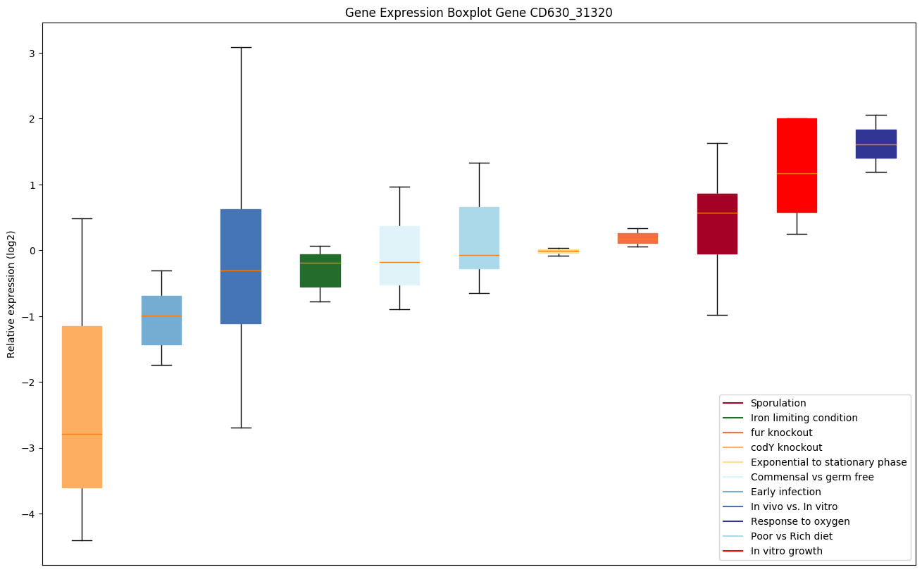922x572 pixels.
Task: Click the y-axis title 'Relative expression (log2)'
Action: (x=11, y=294)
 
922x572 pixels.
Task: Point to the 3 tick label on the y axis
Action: (x=32, y=54)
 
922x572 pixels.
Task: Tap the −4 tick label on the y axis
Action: (x=29, y=514)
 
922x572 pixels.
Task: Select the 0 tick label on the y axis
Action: (x=32, y=251)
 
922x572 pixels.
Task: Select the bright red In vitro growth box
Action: (x=797, y=165)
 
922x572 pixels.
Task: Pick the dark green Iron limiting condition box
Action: (x=320, y=271)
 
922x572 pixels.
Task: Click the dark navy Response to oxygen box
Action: (x=876, y=144)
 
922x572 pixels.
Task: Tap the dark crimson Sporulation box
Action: (x=717, y=223)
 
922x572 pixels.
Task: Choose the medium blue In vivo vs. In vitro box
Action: (x=241, y=266)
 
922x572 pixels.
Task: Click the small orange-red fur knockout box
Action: (x=637, y=238)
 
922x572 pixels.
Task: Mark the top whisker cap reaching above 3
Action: (x=241, y=47)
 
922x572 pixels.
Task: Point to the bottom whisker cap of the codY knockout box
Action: (x=82, y=540)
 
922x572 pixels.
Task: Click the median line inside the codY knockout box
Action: (x=82, y=434)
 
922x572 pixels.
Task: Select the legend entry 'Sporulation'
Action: (x=778, y=403)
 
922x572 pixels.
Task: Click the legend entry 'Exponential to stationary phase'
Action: (x=828, y=462)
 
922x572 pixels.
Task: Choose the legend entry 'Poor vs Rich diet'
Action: (x=791, y=536)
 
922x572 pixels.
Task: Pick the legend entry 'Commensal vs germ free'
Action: (x=811, y=477)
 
